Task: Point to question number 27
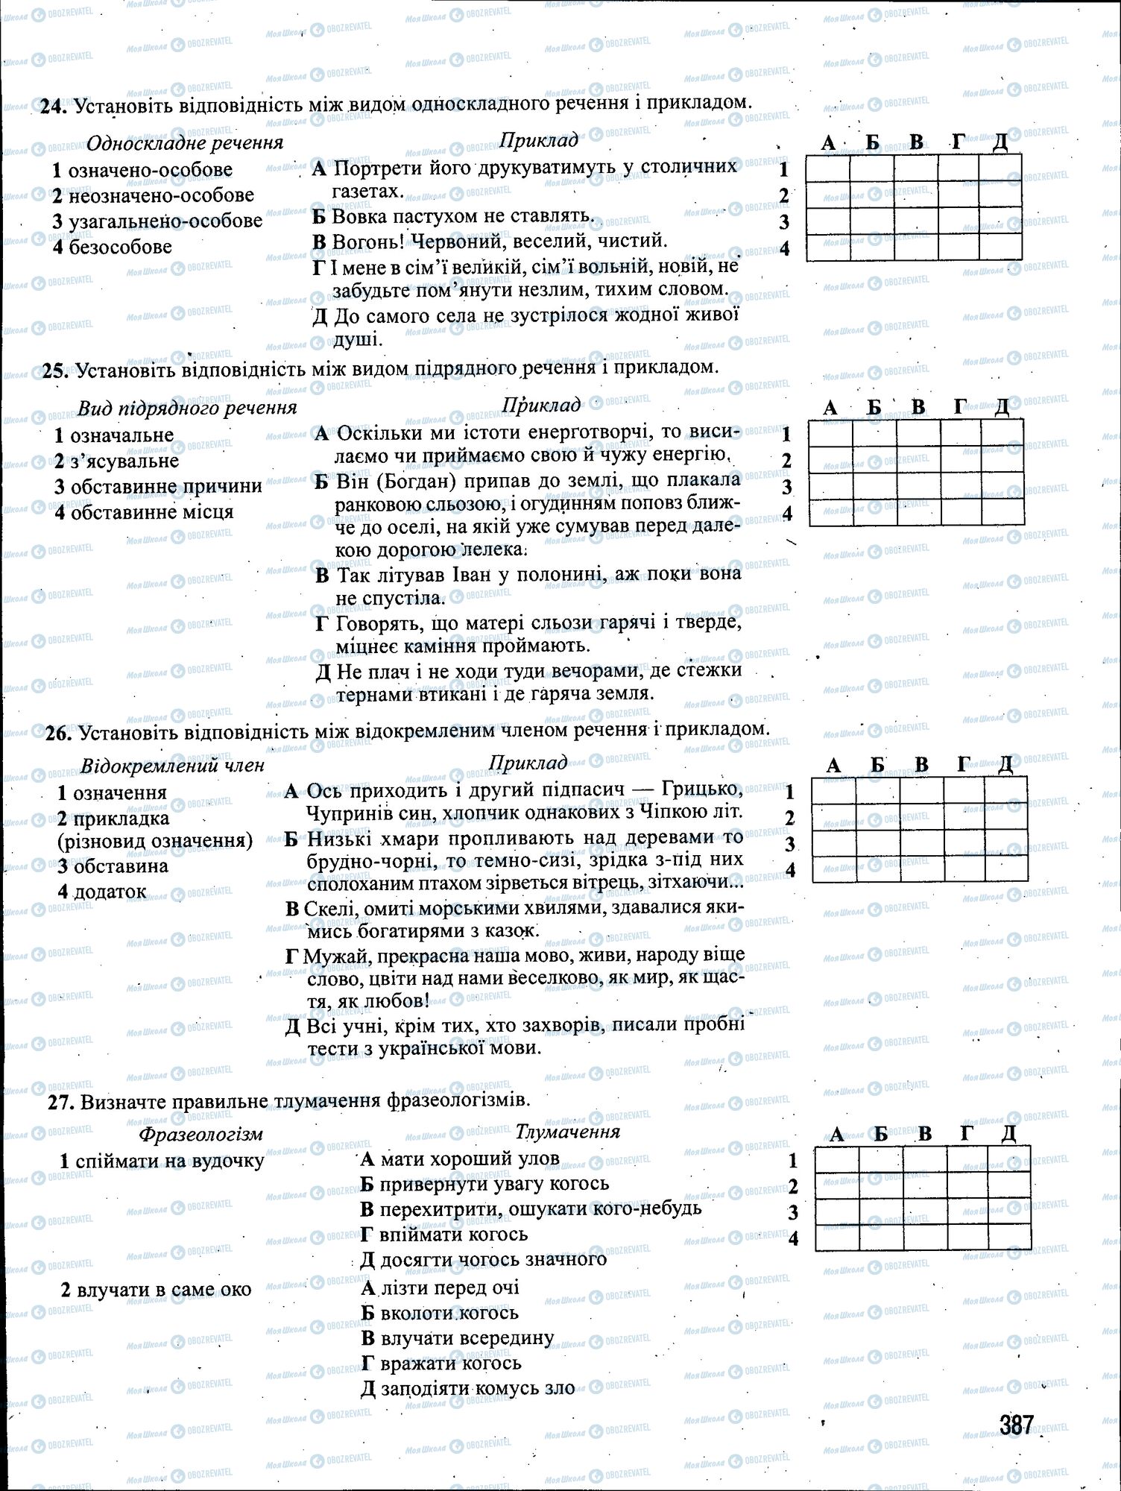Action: pyautogui.click(x=57, y=1100)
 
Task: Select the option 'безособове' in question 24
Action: pyautogui.click(x=120, y=247)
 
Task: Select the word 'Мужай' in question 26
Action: pyautogui.click(x=338, y=955)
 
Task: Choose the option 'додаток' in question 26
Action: pyautogui.click(x=110, y=892)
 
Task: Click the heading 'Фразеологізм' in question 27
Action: pyautogui.click(x=200, y=1134)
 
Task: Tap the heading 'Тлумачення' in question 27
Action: pyautogui.click(x=568, y=1131)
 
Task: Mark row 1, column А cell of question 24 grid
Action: pyautogui.click(x=828, y=169)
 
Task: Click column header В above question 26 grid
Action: pyautogui.click(x=922, y=764)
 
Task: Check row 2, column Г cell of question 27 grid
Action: pyautogui.click(x=967, y=1186)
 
